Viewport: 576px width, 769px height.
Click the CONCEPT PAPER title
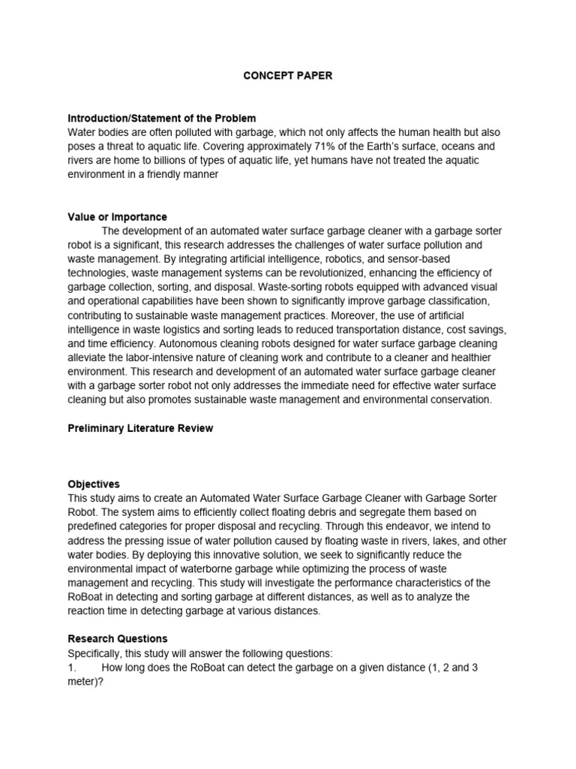(x=287, y=76)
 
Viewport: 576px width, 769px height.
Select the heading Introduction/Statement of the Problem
(x=162, y=118)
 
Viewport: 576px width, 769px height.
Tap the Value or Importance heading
(x=117, y=217)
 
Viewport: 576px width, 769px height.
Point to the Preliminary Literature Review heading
(x=140, y=428)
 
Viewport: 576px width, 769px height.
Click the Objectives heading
(x=94, y=484)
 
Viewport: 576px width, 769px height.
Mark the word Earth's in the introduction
(x=411, y=146)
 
